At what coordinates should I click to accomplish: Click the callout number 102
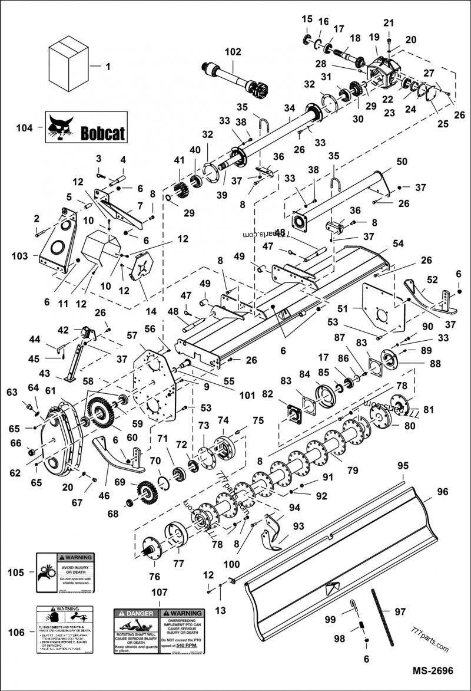pyautogui.click(x=233, y=52)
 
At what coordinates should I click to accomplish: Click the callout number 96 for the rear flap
pyautogui.click(x=443, y=491)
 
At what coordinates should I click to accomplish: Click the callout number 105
pyautogui.click(x=15, y=572)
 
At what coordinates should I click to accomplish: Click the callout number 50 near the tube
pyautogui.click(x=402, y=162)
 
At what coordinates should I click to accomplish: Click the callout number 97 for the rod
pyautogui.click(x=400, y=612)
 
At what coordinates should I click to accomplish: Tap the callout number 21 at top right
pyautogui.click(x=388, y=22)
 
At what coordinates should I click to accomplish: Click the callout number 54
pyautogui.click(x=399, y=244)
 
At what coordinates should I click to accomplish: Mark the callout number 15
pyautogui.click(x=307, y=19)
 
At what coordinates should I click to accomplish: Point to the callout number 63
pyautogui.click(x=12, y=392)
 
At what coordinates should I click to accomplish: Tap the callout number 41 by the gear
pyautogui.click(x=179, y=160)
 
